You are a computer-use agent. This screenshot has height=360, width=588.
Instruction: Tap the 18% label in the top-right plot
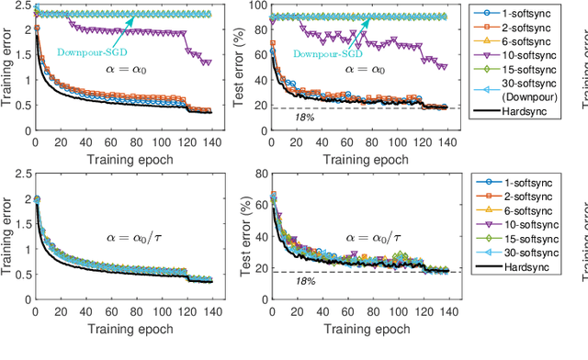277,118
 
